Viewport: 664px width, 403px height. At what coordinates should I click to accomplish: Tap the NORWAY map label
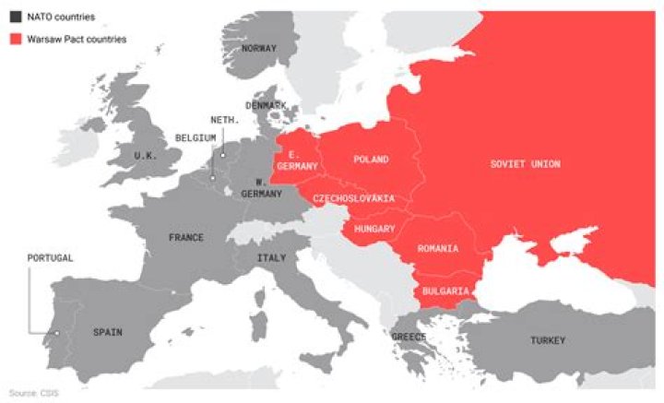tap(259, 48)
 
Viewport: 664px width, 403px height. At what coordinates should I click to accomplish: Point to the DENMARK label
tap(266, 106)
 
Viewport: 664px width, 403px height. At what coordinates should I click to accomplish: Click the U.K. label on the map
tap(145, 156)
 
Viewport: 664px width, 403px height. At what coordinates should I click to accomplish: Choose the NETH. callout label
tap(225, 120)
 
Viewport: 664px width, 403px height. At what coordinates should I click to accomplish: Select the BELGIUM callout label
tap(196, 138)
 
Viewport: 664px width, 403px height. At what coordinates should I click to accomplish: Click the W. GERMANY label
tap(255, 188)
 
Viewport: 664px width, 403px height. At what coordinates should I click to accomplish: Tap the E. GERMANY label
tap(302, 160)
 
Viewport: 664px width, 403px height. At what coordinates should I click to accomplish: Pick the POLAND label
tap(372, 160)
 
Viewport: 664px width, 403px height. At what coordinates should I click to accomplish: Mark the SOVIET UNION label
tap(525, 164)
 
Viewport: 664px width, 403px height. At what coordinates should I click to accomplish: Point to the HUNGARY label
tap(374, 229)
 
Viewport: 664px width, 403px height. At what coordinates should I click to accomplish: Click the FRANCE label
tap(185, 237)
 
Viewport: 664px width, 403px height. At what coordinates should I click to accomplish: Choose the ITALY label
tap(271, 257)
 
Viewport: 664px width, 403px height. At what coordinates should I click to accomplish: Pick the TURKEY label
tap(547, 341)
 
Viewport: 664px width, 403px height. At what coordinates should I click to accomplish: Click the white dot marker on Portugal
tap(56, 333)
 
